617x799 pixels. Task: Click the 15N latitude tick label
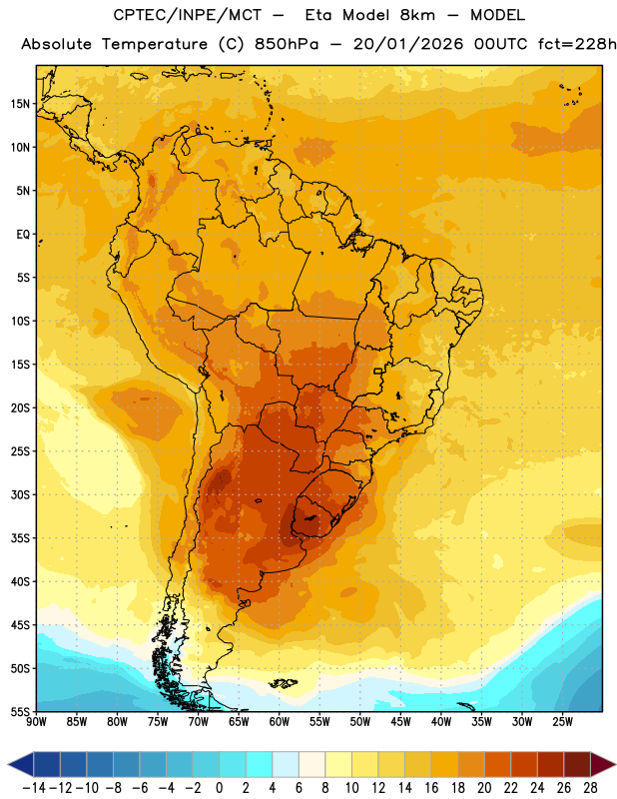pos(20,104)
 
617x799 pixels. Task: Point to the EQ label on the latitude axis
pos(23,235)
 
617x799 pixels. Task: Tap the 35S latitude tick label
pos(20,538)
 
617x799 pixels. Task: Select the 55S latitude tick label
pos(20,711)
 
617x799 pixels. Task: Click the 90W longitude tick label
pos(36,722)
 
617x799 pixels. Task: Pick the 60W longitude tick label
pos(280,722)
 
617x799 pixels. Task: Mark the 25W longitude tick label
pos(562,722)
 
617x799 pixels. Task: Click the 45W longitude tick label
pos(400,722)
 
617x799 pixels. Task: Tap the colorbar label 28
pos(590,788)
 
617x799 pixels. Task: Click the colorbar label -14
pos(34,788)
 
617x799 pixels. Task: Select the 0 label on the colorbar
pos(219,788)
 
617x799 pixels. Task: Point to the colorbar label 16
pos(431,788)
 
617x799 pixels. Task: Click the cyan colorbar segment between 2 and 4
pos(259,764)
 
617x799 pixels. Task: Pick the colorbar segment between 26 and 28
pos(577,764)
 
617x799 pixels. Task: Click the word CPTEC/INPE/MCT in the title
pos(188,15)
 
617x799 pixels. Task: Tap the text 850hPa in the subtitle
pos(287,44)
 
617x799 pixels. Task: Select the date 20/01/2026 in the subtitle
pos(408,44)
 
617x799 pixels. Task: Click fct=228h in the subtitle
pos(577,44)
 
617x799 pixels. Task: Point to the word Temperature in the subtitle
pos(155,45)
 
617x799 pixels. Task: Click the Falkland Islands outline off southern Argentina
pos(284,683)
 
